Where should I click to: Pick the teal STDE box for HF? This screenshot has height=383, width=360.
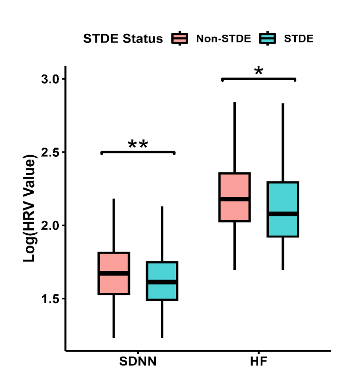click(x=282, y=226)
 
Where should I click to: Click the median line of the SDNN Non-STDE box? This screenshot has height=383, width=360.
click(x=113, y=273)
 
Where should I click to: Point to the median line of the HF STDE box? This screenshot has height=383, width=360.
click(x=282, y=214)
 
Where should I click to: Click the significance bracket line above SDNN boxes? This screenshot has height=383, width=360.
click(x=138, y=152)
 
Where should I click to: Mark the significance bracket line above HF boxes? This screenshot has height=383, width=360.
click(x=258, y=79)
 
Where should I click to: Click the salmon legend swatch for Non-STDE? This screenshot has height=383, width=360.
click(x=180, y=39)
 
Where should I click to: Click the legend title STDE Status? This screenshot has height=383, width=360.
click(x=123, y=39)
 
